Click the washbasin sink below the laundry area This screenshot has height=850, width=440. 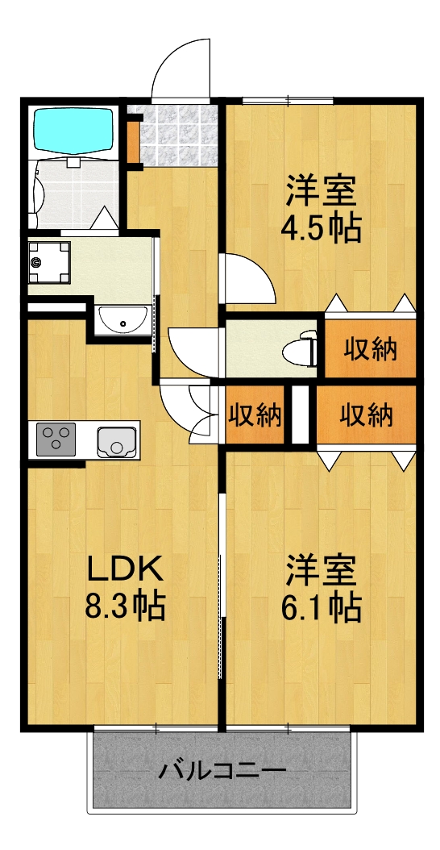coord(122,320)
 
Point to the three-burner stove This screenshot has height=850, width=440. coord(56,440)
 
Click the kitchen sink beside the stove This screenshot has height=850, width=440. coord(116,440)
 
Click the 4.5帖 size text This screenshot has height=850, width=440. coord(320,228)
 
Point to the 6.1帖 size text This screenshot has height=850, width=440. coord(320,606)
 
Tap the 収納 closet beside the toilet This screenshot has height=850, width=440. coord(371,349)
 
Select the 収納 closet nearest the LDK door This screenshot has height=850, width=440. coord(255,415)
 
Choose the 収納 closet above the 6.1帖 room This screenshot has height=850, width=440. coord(366,415)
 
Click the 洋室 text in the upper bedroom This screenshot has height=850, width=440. coord(320,192)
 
